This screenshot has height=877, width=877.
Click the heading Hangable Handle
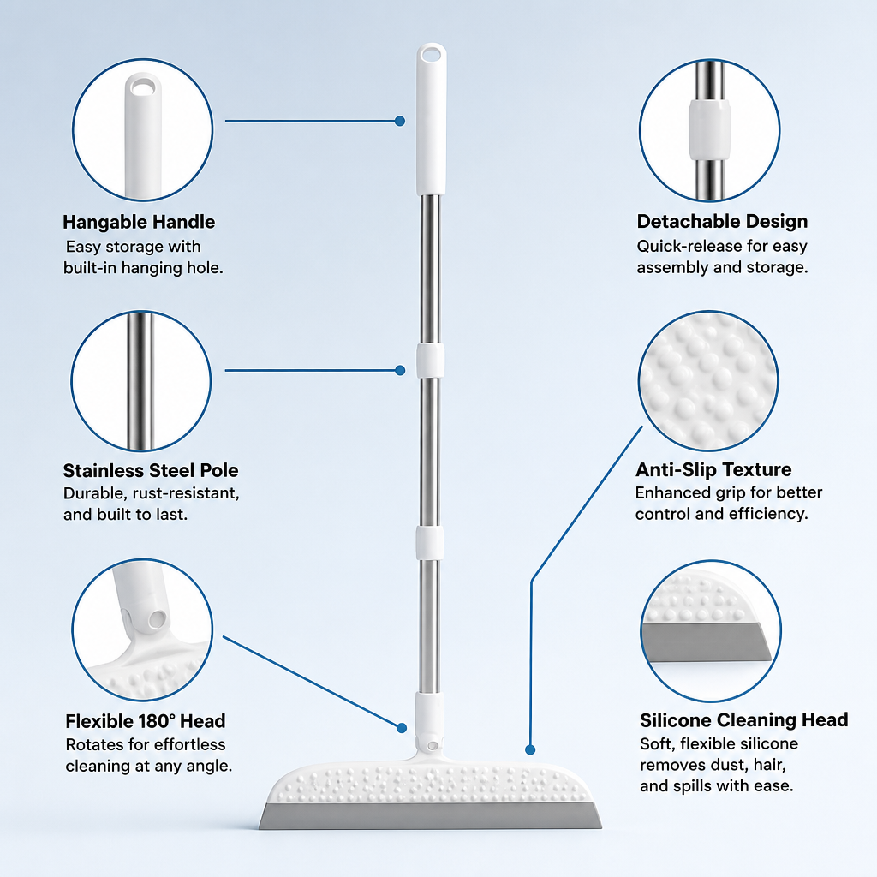(139, 222)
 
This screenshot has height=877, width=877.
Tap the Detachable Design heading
(722, 222)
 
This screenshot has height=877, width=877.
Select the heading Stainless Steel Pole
(151, 470)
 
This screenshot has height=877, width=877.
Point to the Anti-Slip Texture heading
(713, 469)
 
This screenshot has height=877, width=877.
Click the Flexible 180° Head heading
(146, 721)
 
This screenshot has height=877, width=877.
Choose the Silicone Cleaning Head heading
(744, 719)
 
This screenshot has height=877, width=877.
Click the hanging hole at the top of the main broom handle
(432, 54)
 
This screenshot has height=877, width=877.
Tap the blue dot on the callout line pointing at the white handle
(399, 121)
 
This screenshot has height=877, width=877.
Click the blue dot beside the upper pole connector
(399, 370)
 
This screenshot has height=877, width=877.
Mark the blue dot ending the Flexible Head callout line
(401, 728)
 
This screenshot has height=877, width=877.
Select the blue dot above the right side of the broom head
(530, 749)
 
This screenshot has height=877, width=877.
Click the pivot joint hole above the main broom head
(432, 746)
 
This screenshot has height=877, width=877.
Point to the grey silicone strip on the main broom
(430, 816)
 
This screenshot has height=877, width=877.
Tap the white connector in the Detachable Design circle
(709, 130)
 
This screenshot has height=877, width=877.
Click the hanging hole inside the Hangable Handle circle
(143, 87)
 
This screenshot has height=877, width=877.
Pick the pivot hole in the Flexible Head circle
(158, 618)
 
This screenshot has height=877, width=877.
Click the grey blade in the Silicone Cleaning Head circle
(707, 642)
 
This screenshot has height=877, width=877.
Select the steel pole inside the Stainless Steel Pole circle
(140, 380)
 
